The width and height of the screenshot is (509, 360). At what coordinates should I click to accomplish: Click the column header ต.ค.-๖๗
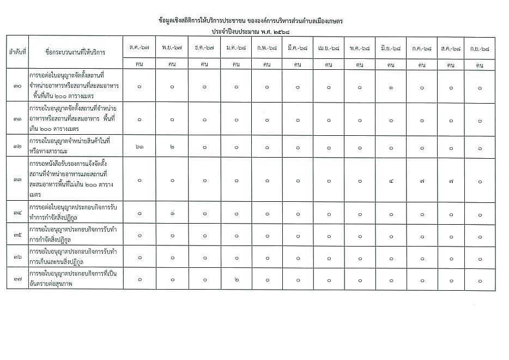click(139, 48)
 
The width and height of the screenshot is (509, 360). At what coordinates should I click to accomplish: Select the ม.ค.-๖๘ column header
click(236, 48)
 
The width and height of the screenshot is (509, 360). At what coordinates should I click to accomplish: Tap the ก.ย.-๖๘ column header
click(480, 48)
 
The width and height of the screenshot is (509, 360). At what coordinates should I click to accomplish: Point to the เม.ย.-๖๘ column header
click(328, 48)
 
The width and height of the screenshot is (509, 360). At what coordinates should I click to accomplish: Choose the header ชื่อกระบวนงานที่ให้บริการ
click(75, 52)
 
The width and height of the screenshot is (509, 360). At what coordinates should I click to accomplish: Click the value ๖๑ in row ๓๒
click(139, 148)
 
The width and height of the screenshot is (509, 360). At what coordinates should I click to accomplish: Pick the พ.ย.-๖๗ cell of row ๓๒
click(172, 148)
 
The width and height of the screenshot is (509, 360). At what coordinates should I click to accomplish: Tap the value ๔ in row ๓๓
click(391, 180)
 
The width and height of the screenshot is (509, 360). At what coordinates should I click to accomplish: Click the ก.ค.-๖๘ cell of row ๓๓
click(422, 180)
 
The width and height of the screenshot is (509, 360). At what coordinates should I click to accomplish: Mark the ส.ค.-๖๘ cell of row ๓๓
click(451, 180)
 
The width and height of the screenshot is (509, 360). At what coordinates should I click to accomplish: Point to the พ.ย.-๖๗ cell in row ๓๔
click(172, 214)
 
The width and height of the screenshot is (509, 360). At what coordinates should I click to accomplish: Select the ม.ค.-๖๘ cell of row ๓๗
click(236, 280)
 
